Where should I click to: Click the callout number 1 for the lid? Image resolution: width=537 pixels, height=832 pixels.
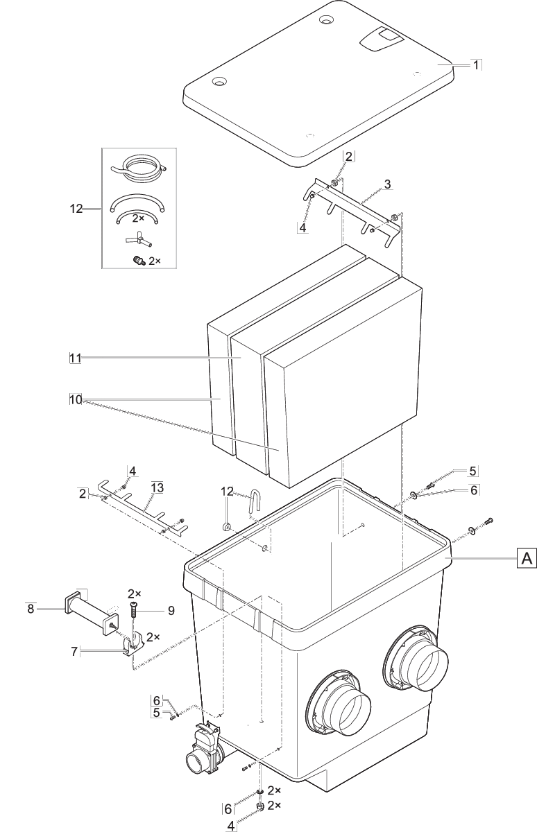[x=476, y=64]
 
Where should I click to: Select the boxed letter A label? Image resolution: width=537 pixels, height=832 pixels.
[x=527, y=557]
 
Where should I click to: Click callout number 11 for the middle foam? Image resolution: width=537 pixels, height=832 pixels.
[x=75, y=358]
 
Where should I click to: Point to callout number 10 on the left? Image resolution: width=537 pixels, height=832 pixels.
[x=75, y=399]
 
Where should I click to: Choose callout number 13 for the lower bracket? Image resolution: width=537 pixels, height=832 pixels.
[x=157, y=488]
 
